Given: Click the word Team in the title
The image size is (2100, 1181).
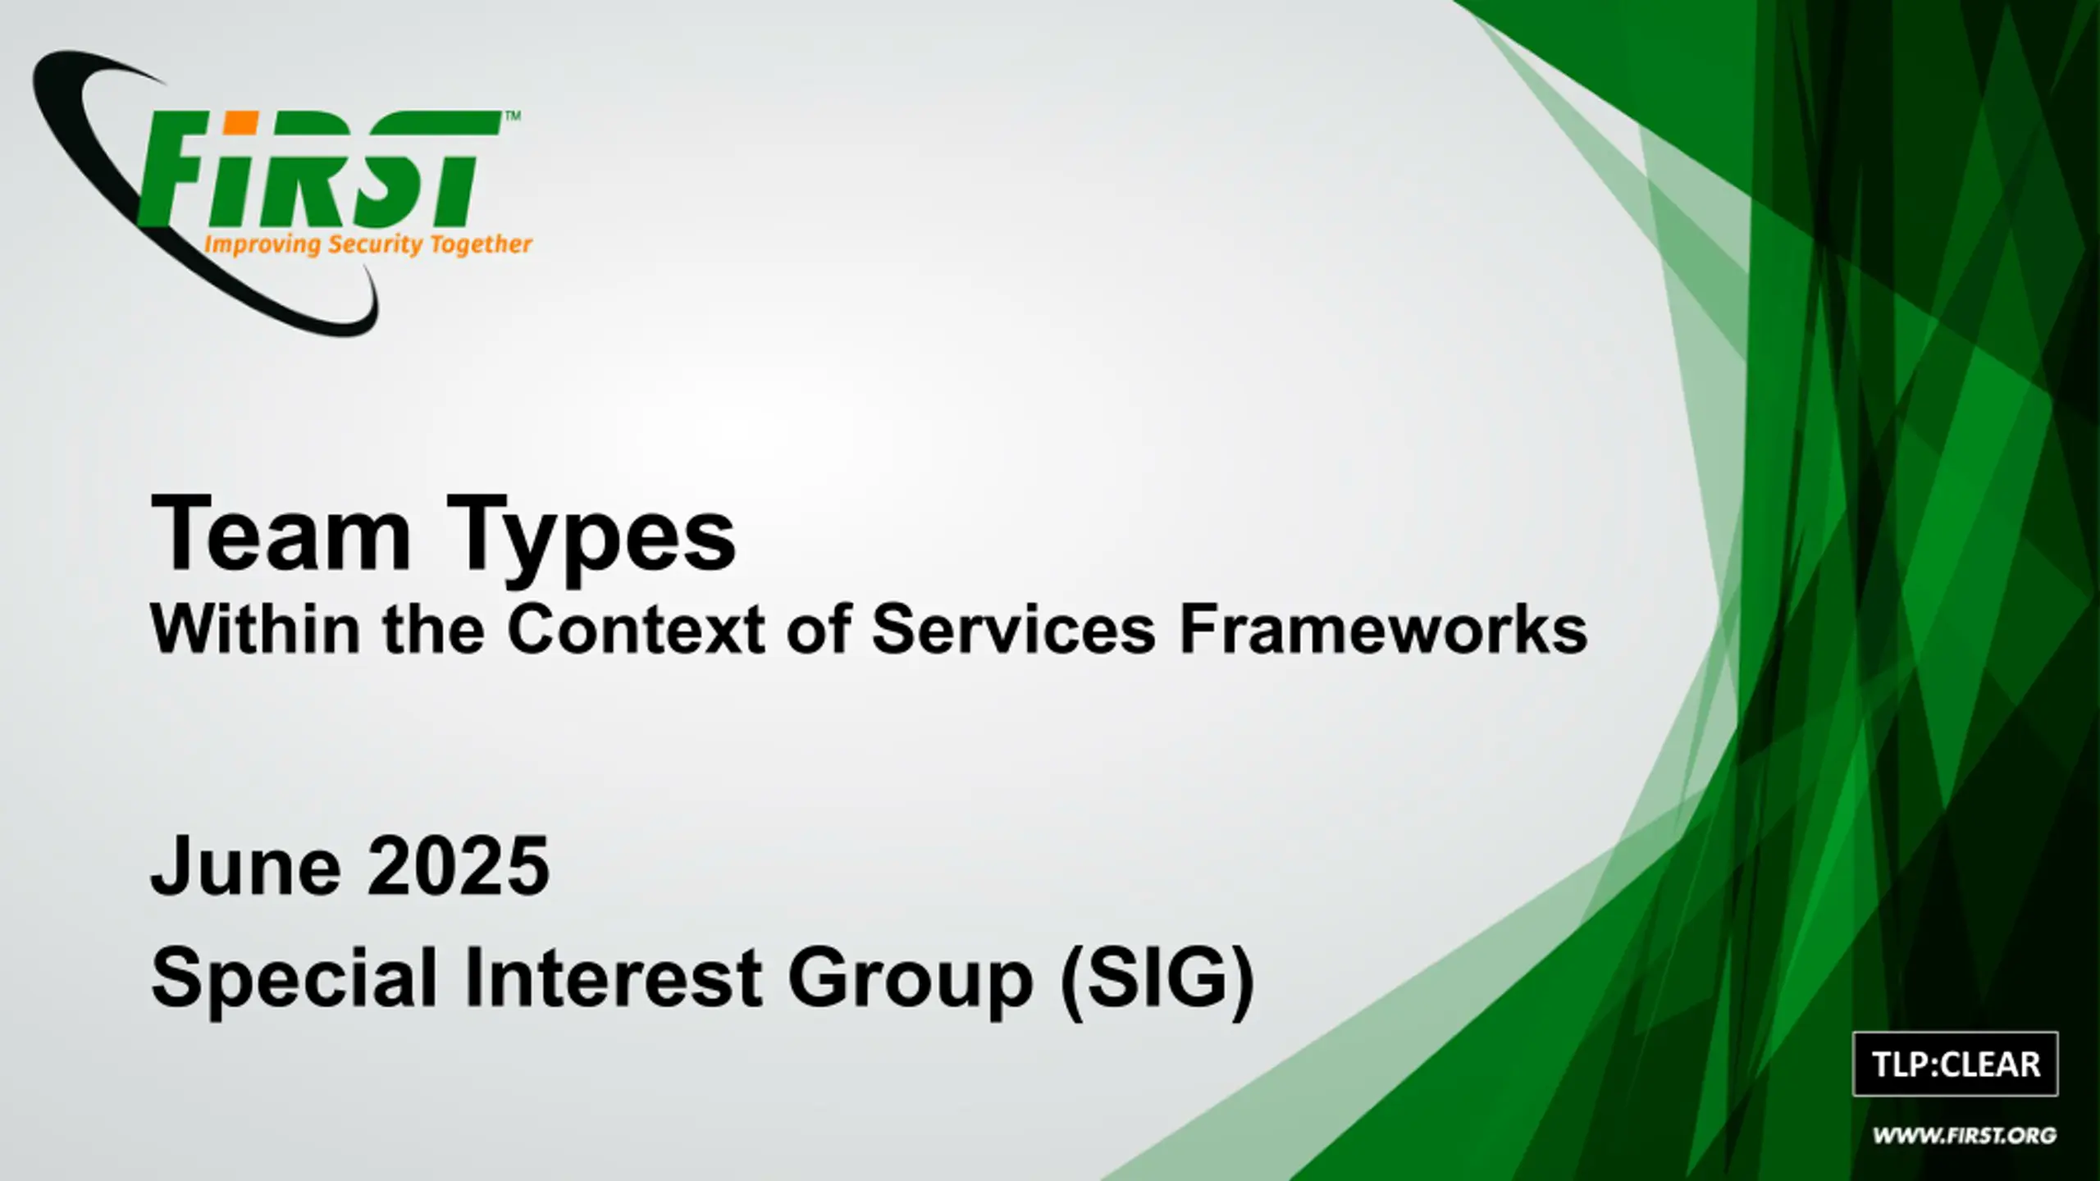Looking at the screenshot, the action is pyautogui.click(x=281, y=534).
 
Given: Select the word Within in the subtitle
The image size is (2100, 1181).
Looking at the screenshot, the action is pyautogui.click(x=255, y=629).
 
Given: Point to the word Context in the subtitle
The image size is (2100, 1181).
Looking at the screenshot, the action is pyautogui.click(x=636, y=629).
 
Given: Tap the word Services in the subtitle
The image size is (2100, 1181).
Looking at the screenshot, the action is pyautogui.click(x=1013, y=629).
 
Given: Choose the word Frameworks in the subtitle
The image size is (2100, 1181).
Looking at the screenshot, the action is pyautogui.click(x=1383, y=629).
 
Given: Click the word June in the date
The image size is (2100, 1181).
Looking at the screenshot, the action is pyautogui.click(x=246, y=866).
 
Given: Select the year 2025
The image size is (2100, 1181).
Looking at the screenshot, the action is pyautogui.click(x=458, y=866).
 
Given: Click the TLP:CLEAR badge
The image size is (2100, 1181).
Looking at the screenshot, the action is pyautogui.click(x=1956, y=1065).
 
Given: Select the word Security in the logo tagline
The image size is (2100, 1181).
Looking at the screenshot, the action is pyautogui.click(x=375, y=245).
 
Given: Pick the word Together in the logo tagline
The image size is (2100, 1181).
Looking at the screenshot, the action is pyautogui.click(x=482, y=245).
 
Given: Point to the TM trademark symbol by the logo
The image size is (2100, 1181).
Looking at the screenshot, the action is pyautogui.click(x=511, y=116).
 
